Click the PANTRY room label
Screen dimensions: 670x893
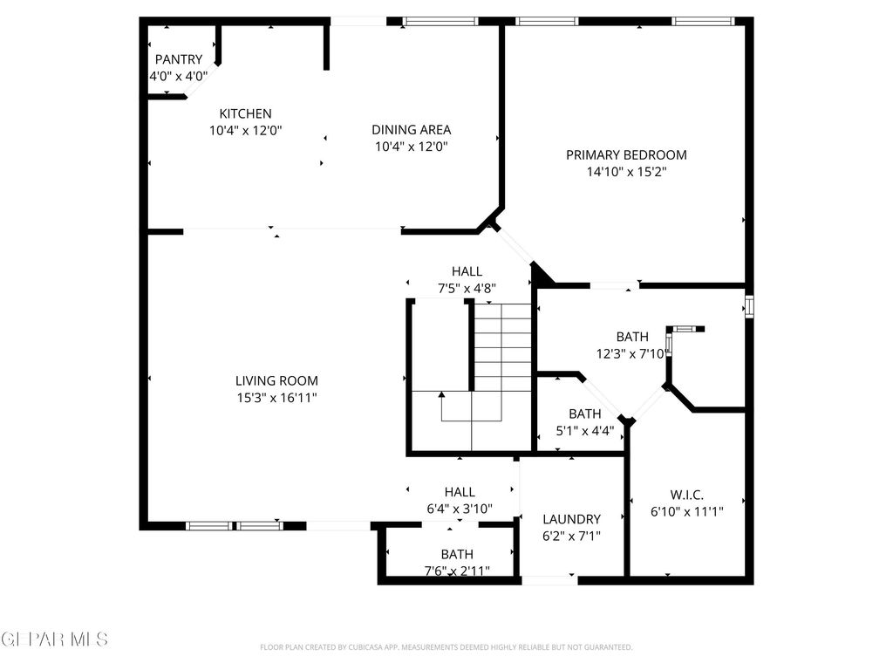coord(178,59)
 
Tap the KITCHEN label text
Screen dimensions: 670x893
coord(245,113)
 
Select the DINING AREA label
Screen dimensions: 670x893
coord(411,130)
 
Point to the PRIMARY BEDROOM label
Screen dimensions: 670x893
coord(626,155)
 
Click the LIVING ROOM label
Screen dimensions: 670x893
coord(276,380)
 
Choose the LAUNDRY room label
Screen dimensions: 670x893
coord(571,519)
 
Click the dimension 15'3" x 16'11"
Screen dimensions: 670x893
coord(276,398)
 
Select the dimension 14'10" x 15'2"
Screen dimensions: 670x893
coord(626,173)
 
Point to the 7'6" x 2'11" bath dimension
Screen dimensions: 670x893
coord(456,571)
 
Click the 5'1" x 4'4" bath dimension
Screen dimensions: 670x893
coord(584,430)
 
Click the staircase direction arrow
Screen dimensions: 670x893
coord(442,395)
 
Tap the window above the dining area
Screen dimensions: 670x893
coord(440,21)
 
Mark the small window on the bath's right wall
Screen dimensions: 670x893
coord(748,307)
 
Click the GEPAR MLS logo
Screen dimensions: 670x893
coord(54,639)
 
